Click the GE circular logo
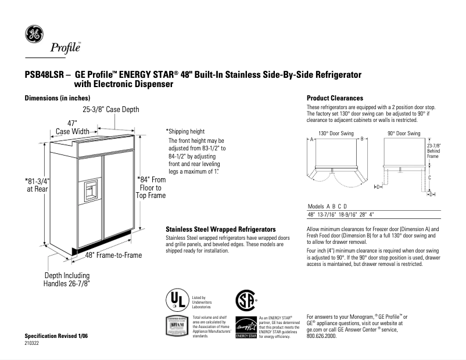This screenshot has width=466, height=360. coord(33,35)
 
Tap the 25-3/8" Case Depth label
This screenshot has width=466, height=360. coord(110,110)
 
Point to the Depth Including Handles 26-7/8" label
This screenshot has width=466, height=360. coord(67,279)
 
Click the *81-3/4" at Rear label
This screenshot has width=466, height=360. coord(38,185)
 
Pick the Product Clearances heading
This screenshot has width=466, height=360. coord(335,98)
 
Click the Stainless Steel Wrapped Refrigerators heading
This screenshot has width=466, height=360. coord(220,229)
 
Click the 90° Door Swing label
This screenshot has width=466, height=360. coord(404,134)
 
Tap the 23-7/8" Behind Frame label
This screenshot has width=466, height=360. coord(434,150)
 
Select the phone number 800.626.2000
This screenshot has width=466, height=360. coord(321,336)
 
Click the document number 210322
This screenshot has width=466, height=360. coord(32,343)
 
